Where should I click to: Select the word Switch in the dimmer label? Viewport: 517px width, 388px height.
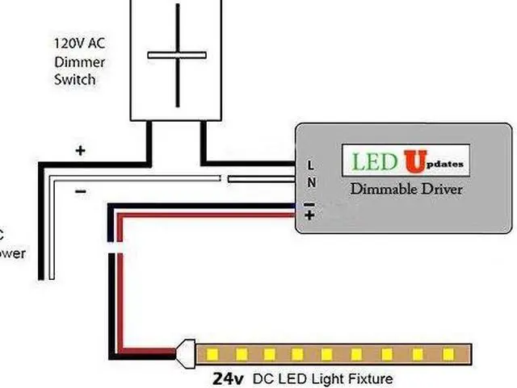(x=74, y=79)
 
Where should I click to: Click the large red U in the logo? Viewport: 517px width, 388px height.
(x=414, y=161)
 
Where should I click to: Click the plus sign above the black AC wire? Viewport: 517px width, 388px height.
(x=80, y=150)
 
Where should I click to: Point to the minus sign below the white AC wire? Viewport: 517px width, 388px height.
(x=80, y=192)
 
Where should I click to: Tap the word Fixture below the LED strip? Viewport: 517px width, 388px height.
(x=370, y=378)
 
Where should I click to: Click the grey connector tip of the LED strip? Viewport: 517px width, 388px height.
(x=185, y=353)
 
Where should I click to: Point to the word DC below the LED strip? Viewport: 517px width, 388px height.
(x=264, y=378)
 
